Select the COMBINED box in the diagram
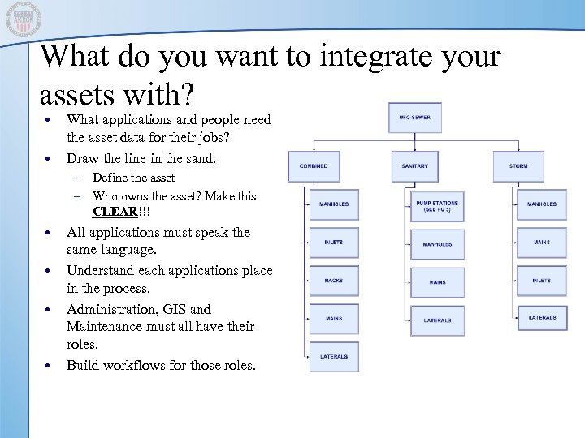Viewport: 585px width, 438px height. point(314,166)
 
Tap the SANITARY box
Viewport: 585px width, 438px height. point(414,166)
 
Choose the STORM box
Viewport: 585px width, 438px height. point(518,166)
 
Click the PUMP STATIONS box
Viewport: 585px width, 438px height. point(437,205)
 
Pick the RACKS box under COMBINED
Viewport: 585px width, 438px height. point(334,281)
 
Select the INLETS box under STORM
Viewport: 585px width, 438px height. point(542,281)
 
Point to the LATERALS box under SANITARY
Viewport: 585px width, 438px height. point(437,320)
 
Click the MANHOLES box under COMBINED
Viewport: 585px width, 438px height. point(334,204)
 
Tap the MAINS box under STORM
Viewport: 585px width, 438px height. point(542,242)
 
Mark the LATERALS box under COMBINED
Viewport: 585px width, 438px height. point(334,357)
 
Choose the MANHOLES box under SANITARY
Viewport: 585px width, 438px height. point(437,244)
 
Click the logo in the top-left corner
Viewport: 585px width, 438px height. point(22,19)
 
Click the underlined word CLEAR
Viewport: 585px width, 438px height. point(113,213)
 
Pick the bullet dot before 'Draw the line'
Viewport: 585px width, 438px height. point(50,158)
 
